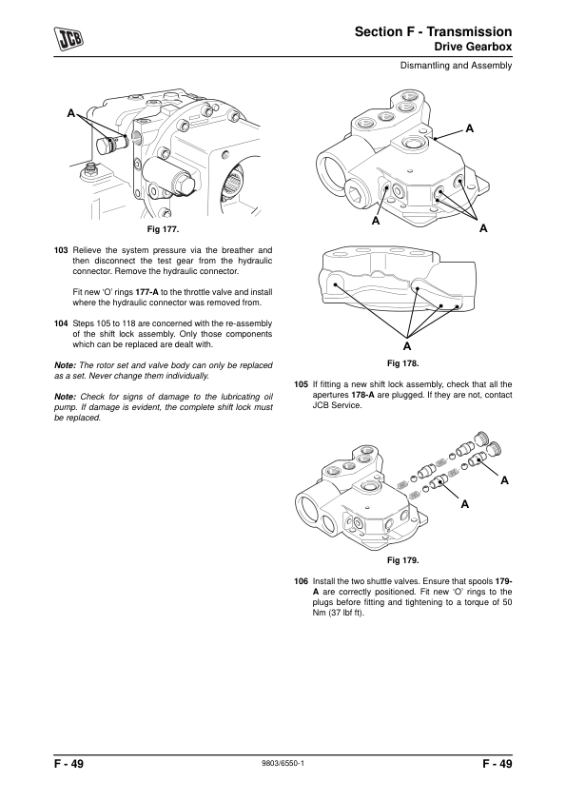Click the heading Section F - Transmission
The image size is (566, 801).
(433, 31)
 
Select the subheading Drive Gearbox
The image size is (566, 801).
(473, 47)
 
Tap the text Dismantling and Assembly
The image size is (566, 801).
(456, 66)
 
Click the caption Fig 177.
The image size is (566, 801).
(163, 229)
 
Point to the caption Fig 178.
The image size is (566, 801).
(402, 363)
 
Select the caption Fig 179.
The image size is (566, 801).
(402, 560)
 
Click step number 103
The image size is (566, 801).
(61, 250)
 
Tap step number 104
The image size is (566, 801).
(61, 323)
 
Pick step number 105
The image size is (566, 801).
(301, 384)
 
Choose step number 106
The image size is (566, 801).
(301, 581)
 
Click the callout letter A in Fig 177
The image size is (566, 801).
(71, 113)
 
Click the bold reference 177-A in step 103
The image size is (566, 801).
(146, 292)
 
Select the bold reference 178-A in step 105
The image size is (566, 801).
(363, 395)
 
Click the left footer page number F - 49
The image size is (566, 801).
(68, 764)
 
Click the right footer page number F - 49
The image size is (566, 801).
(498, 764)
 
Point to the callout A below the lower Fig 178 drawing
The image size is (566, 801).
(406, 346)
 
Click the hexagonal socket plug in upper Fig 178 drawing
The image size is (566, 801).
(356, 194)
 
